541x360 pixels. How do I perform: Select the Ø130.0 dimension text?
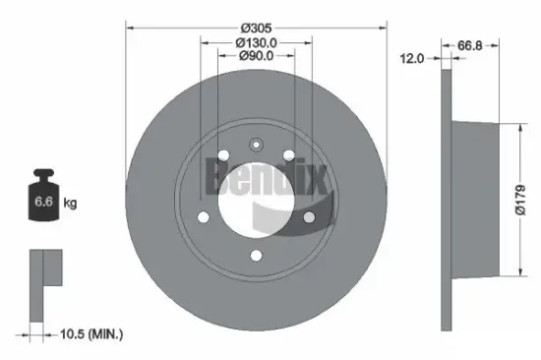[256, 42]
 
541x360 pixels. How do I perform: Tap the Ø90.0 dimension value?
[256, 56]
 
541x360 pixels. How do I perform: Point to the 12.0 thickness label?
[412, 58]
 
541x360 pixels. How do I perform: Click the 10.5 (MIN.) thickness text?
[90, 335]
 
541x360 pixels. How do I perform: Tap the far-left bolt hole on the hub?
[204, 218]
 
